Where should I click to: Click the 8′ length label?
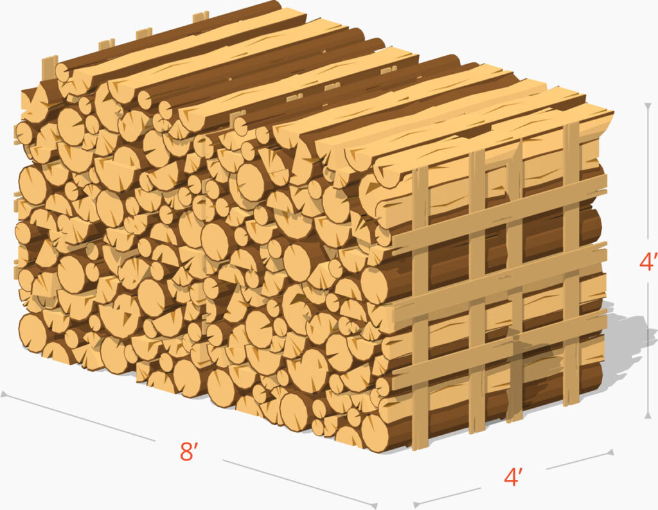[x=188, y=452]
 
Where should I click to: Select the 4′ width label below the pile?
[x=513, y=477]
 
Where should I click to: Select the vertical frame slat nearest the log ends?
[x=420, y=308]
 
